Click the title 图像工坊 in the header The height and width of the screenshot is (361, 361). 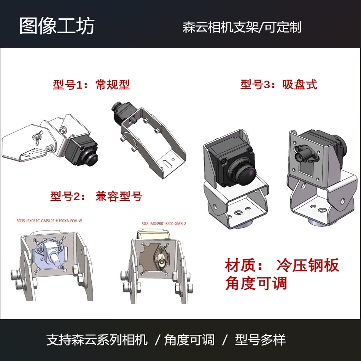[57, 26]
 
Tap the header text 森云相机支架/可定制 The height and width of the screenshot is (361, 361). [242, 27]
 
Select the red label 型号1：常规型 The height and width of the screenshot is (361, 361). [91, 84]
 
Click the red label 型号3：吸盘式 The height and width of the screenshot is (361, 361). [278, 84]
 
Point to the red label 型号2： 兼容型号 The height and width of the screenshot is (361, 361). [96, 196]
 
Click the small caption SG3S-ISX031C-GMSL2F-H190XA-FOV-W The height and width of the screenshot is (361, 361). [49, 220]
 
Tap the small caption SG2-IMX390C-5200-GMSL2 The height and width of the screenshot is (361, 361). [164, 224]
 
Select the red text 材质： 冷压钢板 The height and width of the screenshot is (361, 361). [281, 265]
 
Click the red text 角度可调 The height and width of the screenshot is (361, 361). [256, 283]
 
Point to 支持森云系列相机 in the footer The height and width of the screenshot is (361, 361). [97, 339]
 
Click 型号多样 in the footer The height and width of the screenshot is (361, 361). [261, 339]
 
